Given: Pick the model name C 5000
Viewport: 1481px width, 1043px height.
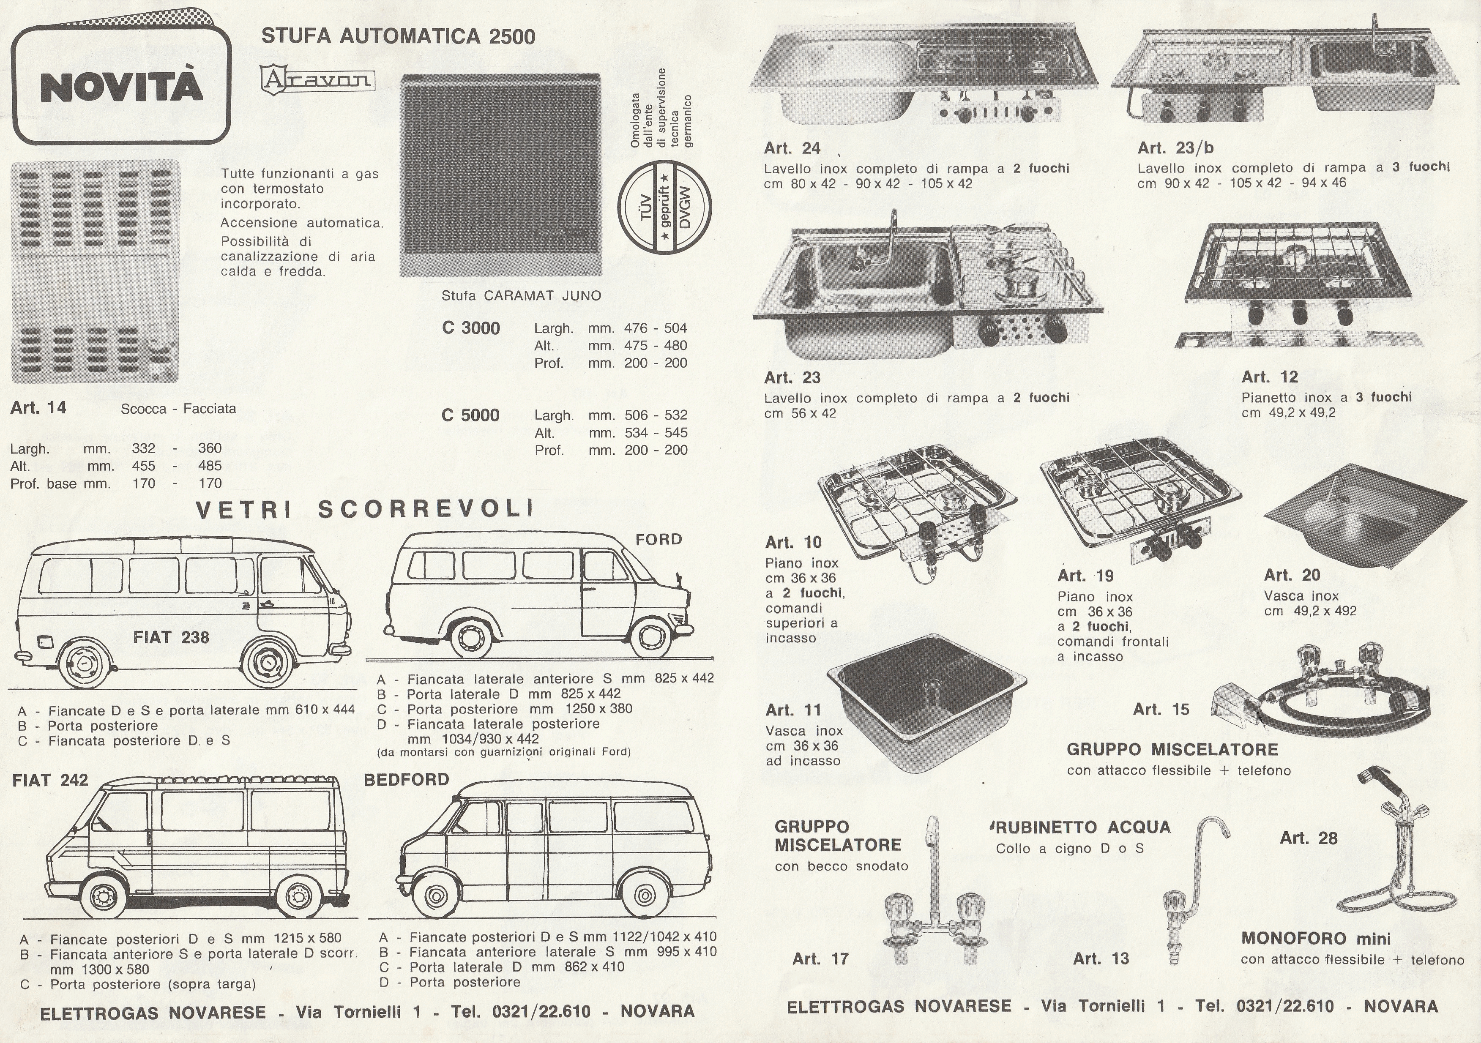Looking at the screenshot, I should [x=470, y=415].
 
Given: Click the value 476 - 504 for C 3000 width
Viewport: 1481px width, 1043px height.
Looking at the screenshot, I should [x=656, y=328].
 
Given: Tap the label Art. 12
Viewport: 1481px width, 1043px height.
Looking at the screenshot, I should [x=1269, y=377].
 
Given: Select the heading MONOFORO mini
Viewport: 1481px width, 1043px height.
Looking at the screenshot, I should [x=1316, y=939].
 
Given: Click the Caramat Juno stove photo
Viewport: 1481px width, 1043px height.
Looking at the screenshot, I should [x=500, y=175].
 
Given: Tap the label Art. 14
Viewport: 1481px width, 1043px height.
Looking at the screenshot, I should [x=38, y=408].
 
